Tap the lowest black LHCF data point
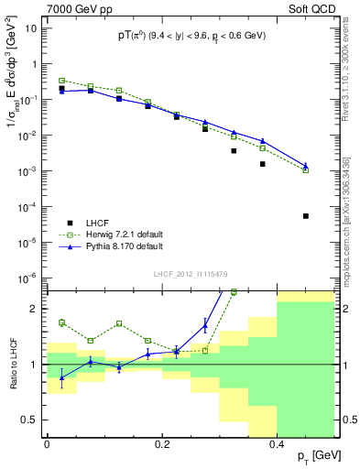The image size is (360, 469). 306,216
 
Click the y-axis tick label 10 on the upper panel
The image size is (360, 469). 32,28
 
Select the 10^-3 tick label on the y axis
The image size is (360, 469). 28,171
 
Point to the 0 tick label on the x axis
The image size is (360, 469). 47,443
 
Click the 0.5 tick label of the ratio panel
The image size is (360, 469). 31,420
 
